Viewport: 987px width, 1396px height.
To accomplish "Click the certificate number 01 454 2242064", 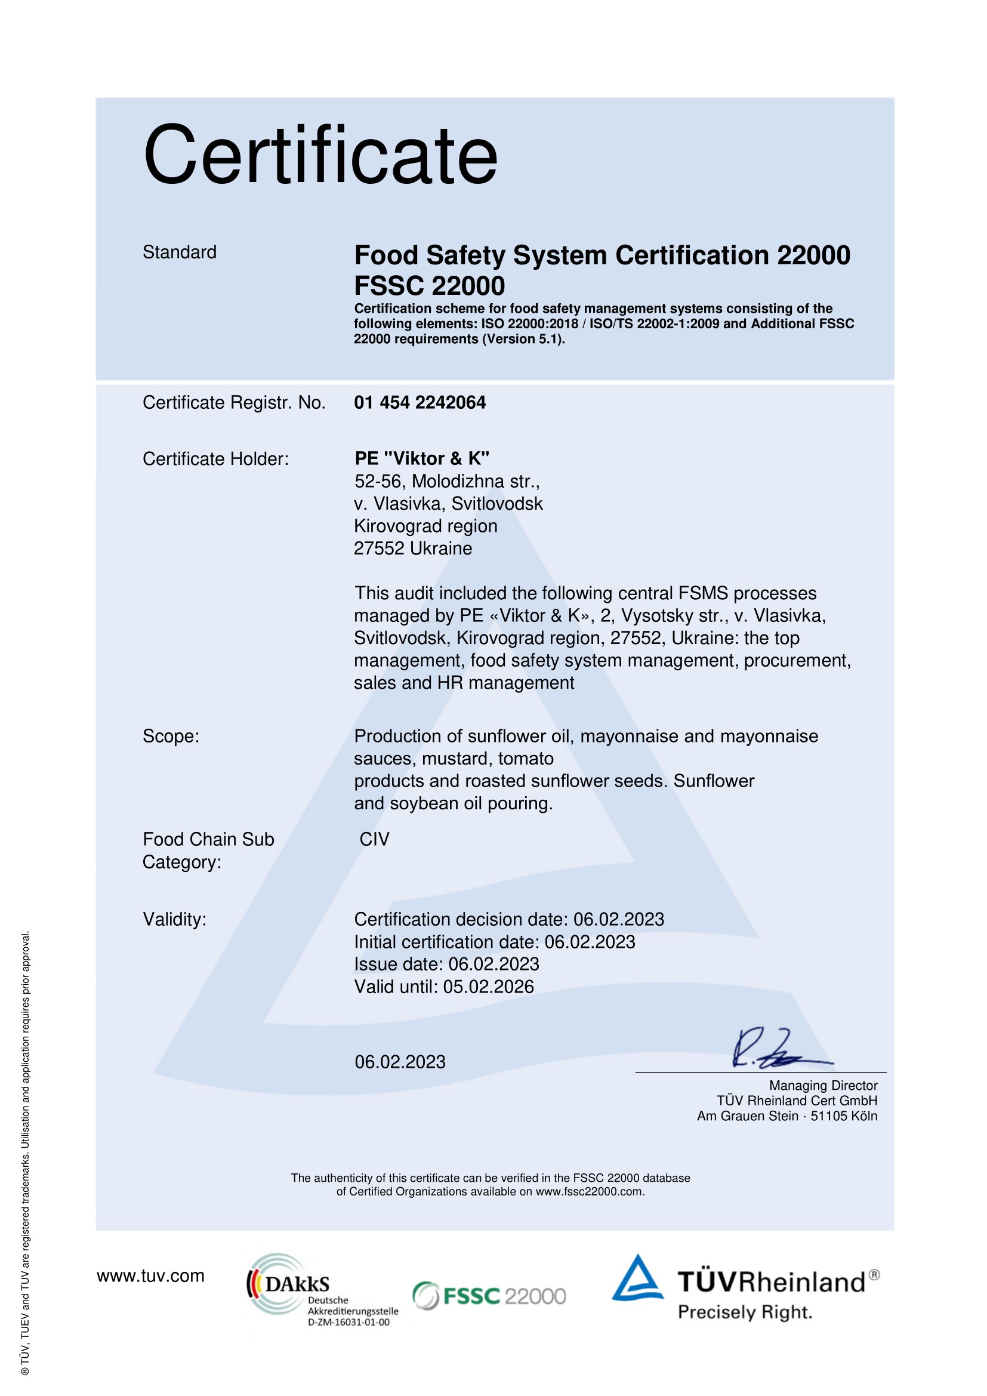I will coord(420,402).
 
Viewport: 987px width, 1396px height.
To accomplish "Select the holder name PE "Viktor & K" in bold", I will coord(422,458).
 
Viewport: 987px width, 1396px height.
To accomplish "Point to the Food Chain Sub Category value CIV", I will coord(374,839).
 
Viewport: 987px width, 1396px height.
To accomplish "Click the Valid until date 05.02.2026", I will coord(488,986).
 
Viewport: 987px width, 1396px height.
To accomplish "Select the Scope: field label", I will coord(171,736).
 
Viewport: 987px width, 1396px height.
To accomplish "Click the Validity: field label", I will coord(174,919).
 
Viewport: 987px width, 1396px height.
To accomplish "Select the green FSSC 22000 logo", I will coord(489,1296).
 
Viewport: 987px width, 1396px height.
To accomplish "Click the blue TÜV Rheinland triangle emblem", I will coord(637,1279).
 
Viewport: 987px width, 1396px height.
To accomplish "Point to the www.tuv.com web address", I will coord(150,1275).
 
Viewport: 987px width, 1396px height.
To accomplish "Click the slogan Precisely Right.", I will coord(745,1312).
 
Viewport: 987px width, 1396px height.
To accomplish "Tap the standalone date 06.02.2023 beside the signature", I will coord(400,1062).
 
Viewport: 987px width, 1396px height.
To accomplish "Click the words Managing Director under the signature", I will coord(823,1085).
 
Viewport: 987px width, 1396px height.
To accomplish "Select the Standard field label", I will coord(179,252).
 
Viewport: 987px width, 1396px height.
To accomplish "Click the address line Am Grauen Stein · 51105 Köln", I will coord(787,1115).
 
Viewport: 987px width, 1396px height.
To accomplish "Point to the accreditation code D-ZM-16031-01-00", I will coord(348,1322).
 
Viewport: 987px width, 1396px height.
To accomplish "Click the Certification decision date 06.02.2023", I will coord(619,919).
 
